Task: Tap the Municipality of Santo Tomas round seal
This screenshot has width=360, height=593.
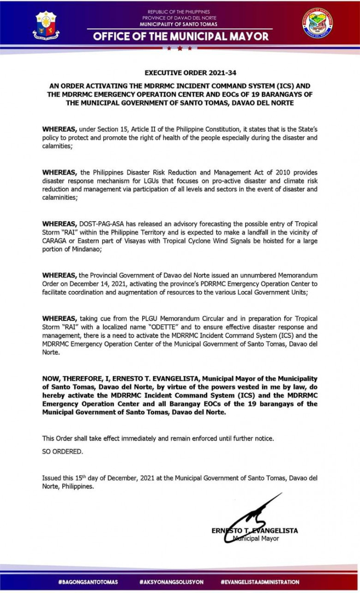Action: (x=317, y=23)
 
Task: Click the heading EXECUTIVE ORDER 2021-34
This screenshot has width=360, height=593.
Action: (x=180, y=73)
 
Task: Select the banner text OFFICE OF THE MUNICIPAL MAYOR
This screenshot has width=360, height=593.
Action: (x=180, y=36)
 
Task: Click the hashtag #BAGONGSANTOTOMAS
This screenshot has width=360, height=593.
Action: (x=88, y=582)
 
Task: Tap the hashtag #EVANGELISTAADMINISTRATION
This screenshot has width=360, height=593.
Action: (x=260, y=582)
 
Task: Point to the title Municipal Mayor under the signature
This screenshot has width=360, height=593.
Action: (x=256, y=539)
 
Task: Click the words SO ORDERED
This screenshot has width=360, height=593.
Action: (x=63, y=452)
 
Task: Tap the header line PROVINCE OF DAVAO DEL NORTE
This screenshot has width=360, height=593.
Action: (x=179, y=18)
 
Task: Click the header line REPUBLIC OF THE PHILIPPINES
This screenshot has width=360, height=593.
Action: (x=179, y=12)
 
